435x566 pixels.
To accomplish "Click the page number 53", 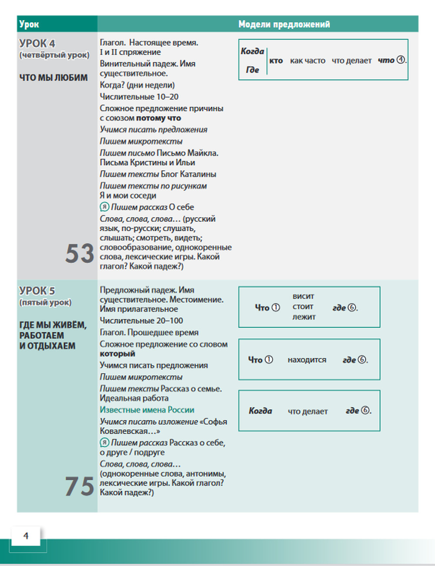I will (x=80, y=253).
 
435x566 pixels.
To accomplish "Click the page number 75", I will (x=80, y=486).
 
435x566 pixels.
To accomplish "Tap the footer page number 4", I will (x=26, y=536).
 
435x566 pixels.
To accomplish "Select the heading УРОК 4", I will (x=37, y=44).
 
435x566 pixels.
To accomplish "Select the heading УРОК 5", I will (x=37, y=291).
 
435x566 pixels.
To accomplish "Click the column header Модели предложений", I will (x=284, y=24).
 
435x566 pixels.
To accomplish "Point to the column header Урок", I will (x=29, y=24).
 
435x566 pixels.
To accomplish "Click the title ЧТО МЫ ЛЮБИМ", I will (x=53, y=78).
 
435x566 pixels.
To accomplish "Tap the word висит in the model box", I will (x=303, y=296).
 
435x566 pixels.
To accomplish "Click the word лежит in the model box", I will (x=304, y=317).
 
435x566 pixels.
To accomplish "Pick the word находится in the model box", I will (x=307, y=360).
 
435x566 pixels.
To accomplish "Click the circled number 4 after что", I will (x=401, y=60).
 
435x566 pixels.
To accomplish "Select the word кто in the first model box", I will (x=276, y=61).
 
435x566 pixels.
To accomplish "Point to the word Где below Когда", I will (x=252, y=70).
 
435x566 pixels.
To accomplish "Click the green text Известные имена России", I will (x=147, y=410).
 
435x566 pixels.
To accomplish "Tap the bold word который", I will (x=117, y=354).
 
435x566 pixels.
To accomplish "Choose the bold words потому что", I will (x=158, y=118).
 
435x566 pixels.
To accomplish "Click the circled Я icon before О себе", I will (x=104, y=207).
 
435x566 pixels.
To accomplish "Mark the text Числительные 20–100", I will (x=141, y=321).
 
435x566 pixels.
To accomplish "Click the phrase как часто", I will (x=308, y=61).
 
